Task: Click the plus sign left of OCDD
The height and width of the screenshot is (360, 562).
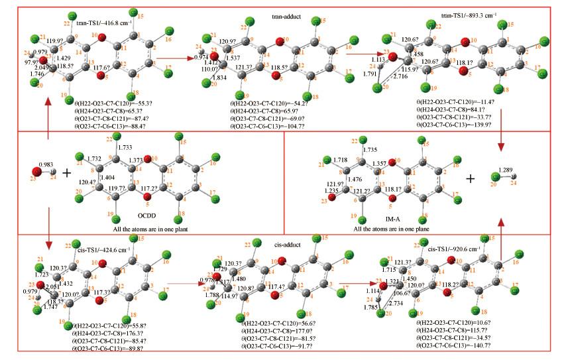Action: point(66,174)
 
